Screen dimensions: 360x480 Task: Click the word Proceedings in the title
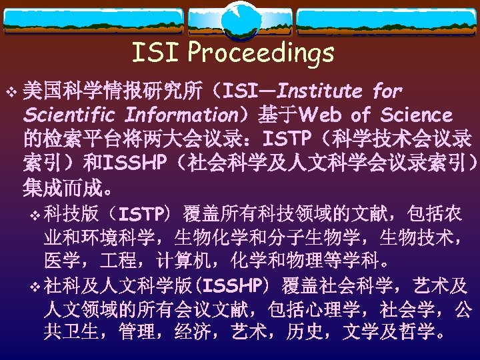261,52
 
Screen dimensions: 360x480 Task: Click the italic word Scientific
69,115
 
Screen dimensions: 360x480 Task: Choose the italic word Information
179,115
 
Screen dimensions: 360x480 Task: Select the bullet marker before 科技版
35,215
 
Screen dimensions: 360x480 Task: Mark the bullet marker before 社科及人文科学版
35,287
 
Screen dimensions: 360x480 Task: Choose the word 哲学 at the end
422,331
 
